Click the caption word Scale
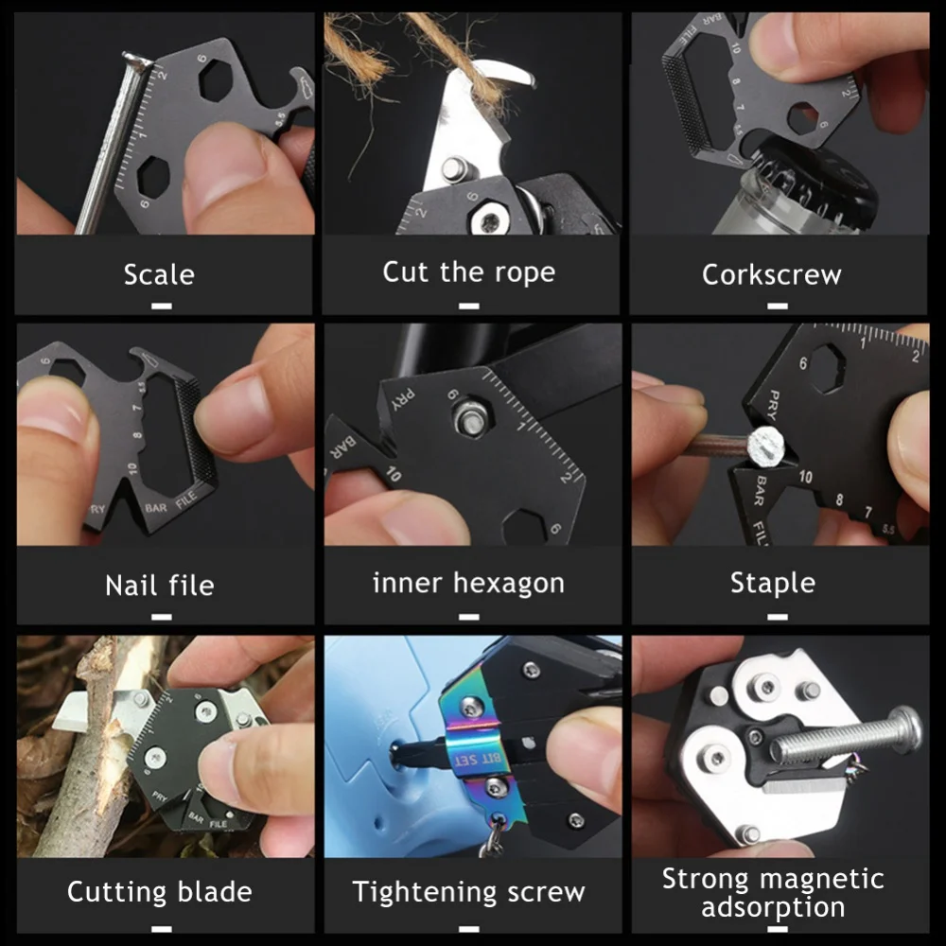coord(159,274)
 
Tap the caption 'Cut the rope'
coord(468,272)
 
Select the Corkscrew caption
coord(771,274)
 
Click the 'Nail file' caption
coord(159,585)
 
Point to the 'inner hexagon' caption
coord(468,583)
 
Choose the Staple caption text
coord(772,583)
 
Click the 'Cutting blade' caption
coord(159,891)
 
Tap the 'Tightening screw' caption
coord(468,891)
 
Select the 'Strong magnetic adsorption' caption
coord(772,892)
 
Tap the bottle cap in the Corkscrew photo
coord(832,175)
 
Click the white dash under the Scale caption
coord(161,306)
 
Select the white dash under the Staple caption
coord(777,616)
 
